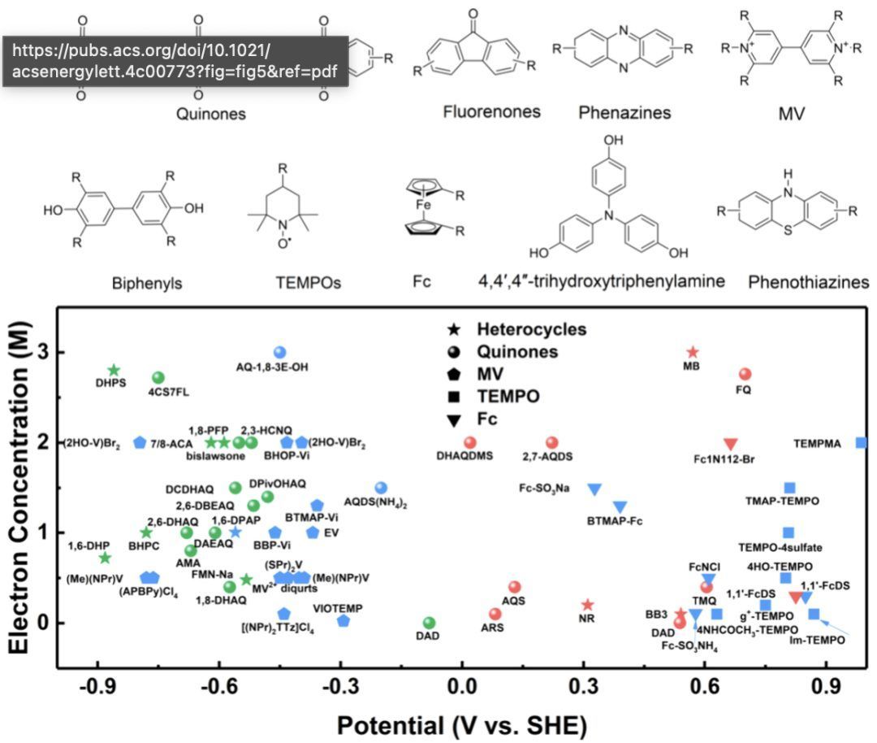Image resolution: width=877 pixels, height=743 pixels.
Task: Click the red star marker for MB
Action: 693,352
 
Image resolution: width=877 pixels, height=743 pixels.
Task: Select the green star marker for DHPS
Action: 114,370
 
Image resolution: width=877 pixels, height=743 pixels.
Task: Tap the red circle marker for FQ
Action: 745,374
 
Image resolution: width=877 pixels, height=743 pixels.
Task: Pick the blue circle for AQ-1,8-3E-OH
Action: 280,352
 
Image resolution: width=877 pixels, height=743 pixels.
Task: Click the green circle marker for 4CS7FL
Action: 158,378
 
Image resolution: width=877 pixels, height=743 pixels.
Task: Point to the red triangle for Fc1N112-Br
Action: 730,443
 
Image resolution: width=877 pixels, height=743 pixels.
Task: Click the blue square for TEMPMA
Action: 861,442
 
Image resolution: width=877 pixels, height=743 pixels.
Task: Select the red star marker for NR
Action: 588,605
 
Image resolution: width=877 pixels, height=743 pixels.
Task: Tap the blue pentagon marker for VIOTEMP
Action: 343,621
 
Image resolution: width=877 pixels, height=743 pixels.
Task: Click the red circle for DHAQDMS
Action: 469,442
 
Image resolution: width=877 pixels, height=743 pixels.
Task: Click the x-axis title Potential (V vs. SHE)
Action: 461,723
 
